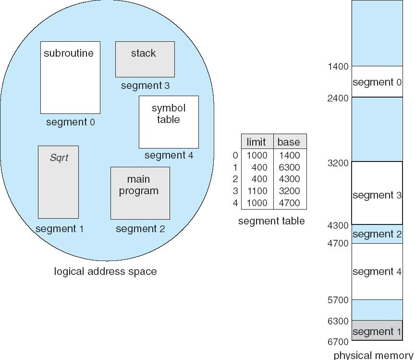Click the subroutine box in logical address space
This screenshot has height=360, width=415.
tap(70, 77)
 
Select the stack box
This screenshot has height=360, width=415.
tap(145, 59)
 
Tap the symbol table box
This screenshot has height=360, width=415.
tap(169, 122)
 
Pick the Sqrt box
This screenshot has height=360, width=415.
tap(58, 182)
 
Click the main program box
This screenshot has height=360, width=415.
tap(140, 193)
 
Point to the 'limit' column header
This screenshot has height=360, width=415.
tap(256, 142)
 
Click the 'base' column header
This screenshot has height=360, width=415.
tap(289, 142)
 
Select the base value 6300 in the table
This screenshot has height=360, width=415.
tap(289, 167)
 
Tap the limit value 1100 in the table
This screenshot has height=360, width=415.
tap(256, 191)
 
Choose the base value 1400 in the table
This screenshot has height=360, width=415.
tap(289, 155)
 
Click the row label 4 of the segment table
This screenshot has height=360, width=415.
tap(235, 203)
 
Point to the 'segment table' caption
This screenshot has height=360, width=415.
tap(271, 221)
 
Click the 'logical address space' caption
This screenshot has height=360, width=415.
tap(105, 272)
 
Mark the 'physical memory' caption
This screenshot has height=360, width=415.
tap(373, 355)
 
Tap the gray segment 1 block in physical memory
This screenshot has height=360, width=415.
tap(377, 331)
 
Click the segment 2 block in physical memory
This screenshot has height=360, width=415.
tap(377, 234)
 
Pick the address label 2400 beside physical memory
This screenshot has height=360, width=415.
tap(338, 98)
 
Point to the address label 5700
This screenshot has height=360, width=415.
tap(338, 300)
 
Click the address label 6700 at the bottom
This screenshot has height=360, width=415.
tap(338, 342)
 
